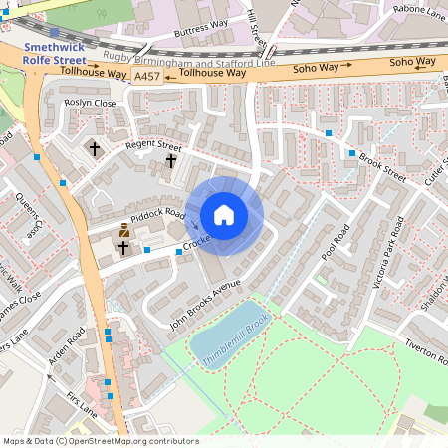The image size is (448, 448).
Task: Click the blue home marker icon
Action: point(224,215)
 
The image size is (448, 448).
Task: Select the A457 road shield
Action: point(146,76)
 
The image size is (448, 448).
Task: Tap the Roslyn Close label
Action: point(90,103)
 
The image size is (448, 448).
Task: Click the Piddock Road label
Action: point(161,213)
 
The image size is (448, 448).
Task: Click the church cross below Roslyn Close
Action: point(96,149)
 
